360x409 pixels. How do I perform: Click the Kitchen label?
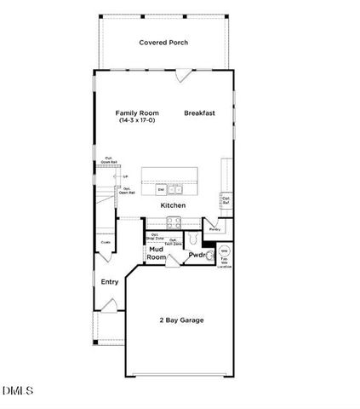coord(173,205)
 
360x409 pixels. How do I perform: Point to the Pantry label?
coord(214,229)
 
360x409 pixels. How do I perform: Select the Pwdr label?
coord(197,255)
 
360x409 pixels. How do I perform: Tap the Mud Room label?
coord(156,253)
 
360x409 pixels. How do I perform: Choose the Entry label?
coord(110,282)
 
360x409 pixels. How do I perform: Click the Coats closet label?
coord(106,242)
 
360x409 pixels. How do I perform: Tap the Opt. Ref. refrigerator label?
coord(226,200)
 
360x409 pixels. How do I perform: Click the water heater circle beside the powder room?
coord(225,252)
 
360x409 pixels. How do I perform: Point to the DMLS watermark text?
coord(18,391)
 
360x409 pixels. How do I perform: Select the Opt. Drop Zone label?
coord(155,236)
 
